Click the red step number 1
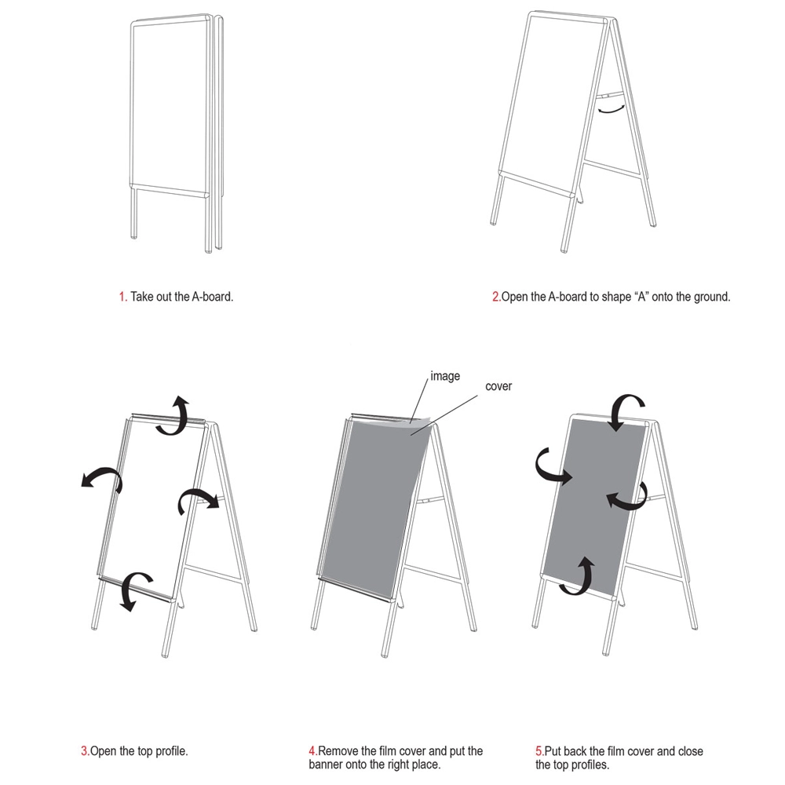click(122, 297)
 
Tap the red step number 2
click(495, 297)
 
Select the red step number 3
click(84, 751)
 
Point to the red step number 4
click(312, 751)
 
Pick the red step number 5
click(539, 751)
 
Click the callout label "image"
click(445, 376)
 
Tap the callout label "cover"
click(498, 386)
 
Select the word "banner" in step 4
click(326, 765)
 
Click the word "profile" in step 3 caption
click(170, 751)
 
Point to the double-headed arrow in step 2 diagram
click(612, 108)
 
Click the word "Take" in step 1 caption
click(142, 297)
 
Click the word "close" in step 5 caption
click(690, 751)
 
